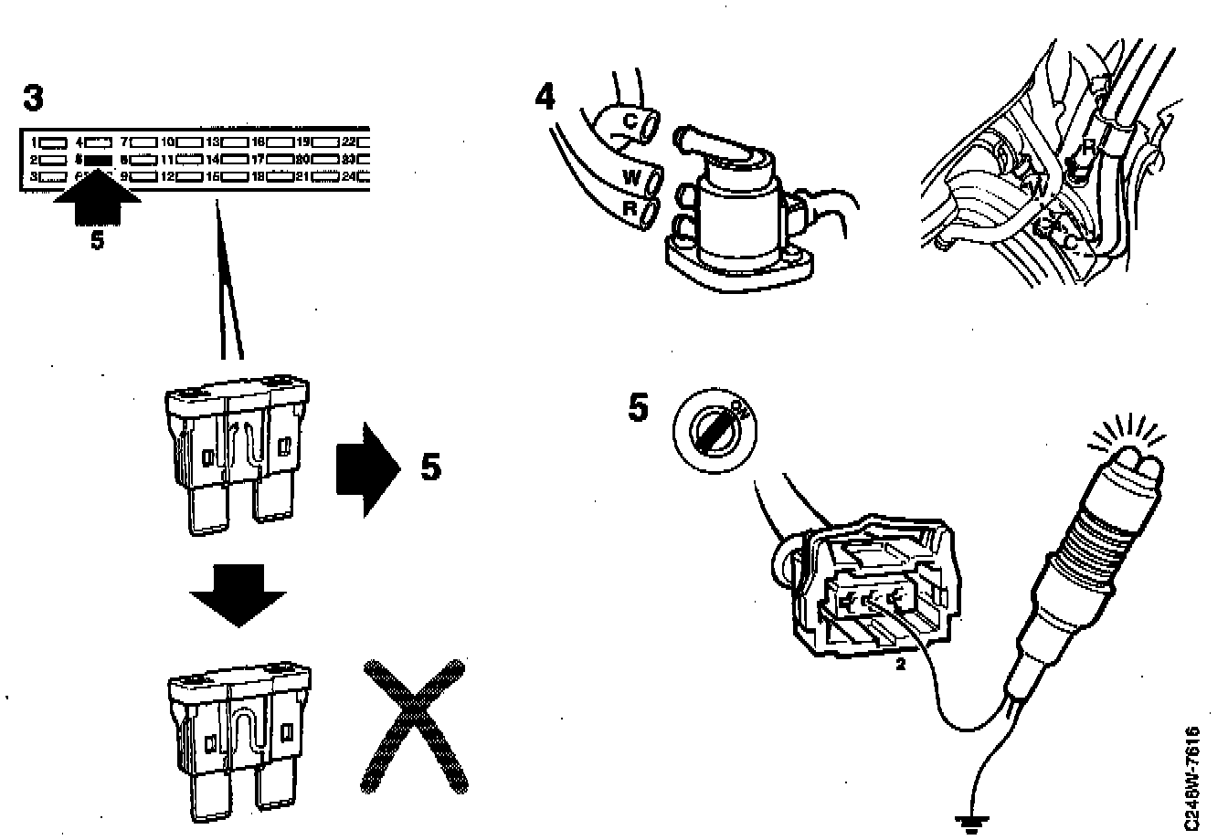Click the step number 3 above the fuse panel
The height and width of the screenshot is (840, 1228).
pyautogui.click(x=33, y=99)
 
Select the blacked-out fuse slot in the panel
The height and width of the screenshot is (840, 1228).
pyautogui.click(x=97, y=158)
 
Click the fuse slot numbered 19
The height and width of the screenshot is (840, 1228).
pyautogui.click(x=326, y=142)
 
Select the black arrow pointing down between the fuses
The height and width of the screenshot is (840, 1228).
pyautogui.click(x=238, y=595)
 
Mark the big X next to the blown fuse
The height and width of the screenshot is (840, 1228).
pyautogui.click(x=416, y=726)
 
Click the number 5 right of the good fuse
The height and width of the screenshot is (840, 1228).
pyautogui.click(x=430, y=468)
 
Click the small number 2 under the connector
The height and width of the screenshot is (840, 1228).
pyautogui.click(x=900, y=666)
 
